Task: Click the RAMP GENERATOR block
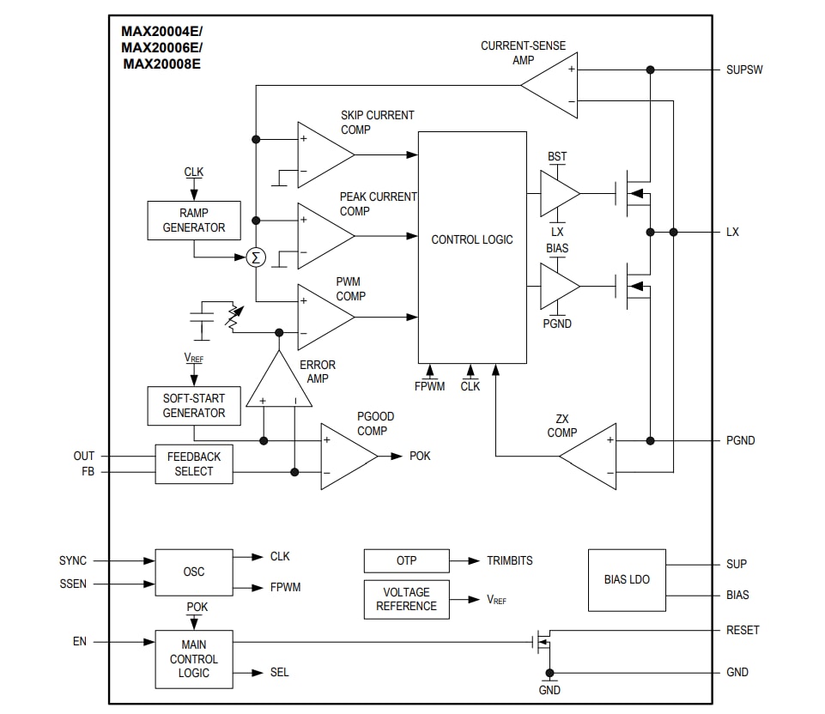tap(194, 221)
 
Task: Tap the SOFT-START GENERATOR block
tap(194, 406)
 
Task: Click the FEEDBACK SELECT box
tap(194, 464)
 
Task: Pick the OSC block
tap(194, 572)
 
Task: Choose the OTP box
tap(406, 561)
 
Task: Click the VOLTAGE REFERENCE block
tap(406, 599)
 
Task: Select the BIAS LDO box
tap(627, 580)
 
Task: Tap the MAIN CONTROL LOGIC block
tap(194, 659)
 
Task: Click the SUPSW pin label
tap(743, 70)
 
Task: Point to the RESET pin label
tap(743, 630)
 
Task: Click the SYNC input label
tap(73, 560)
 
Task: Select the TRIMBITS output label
tap(509, 560)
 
